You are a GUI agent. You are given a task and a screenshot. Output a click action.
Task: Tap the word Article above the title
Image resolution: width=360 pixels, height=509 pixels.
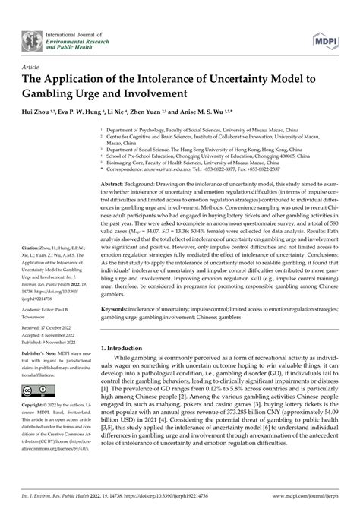32,66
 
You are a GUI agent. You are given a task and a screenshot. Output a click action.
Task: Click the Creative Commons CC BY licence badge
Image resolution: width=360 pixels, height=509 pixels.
33,390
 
